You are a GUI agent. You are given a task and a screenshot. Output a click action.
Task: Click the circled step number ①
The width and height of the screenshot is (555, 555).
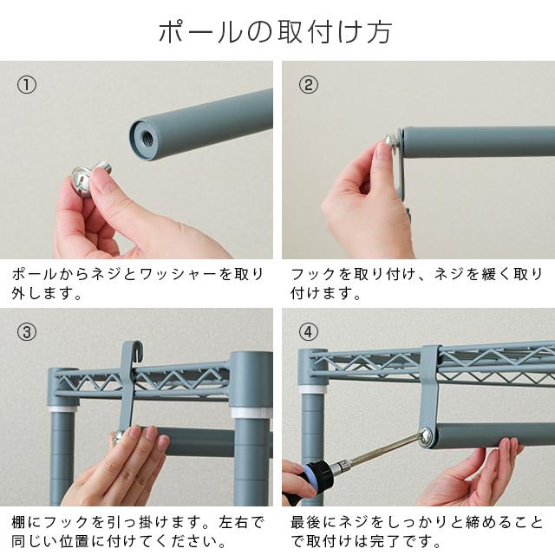27,85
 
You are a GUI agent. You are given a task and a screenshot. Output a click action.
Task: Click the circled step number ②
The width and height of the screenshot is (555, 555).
309,85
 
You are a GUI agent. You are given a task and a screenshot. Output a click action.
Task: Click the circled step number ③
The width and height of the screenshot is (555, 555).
27,333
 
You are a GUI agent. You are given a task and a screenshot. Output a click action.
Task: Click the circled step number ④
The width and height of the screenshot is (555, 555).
309,333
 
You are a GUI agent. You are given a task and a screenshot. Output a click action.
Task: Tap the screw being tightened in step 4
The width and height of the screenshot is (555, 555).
426,436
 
